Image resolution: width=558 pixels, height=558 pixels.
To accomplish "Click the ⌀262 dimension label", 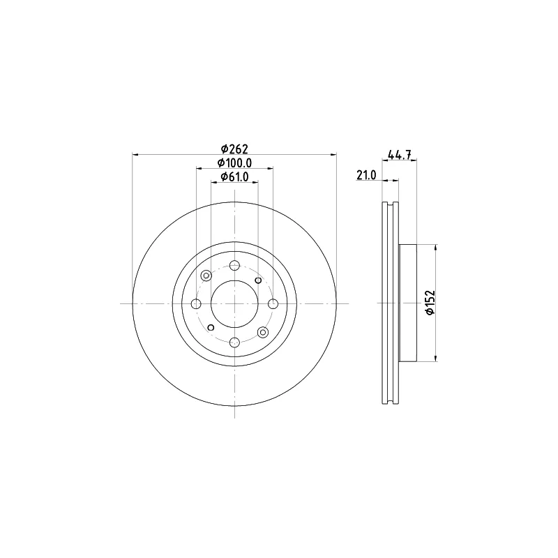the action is pyautogui.click(x=234, y=149).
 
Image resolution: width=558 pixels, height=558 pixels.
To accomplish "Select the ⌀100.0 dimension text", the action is pyautogui.click(x=234, y=163).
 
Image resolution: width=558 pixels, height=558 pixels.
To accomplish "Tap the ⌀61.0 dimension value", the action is pyautogui.click(x=234, y=176).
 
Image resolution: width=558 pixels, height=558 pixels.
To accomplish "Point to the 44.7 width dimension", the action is pyautogui.click(x=399, y=155).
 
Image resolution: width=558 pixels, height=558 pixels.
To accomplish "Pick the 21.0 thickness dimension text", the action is pyautogui.click(x=365, y=175).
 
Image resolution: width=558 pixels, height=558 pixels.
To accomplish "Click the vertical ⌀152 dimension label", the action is pyautogui.click(x=430, y=302).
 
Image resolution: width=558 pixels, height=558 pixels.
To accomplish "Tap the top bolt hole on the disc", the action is pyautogui.click(x=234, y=265).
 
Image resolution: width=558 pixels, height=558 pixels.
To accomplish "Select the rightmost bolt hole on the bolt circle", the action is pyautogui.click(x=273, y=304).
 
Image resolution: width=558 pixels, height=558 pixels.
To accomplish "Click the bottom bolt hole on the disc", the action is pyautogui.click(x=234, y=342).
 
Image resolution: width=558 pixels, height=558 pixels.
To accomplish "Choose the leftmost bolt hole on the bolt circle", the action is pyautogui.click(x=196, y=304).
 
